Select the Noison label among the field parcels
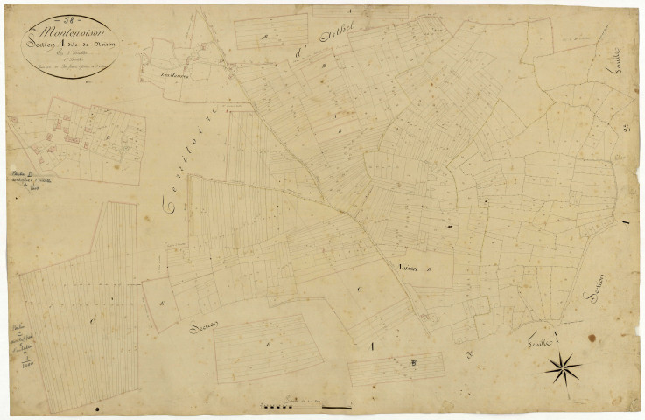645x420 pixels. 410,269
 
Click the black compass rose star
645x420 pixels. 563,367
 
